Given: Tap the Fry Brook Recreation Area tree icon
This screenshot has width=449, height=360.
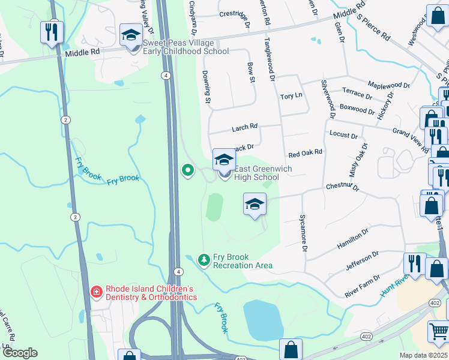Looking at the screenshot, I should [x=205, y=260].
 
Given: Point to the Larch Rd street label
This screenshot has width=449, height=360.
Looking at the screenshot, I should [x=244, y=127].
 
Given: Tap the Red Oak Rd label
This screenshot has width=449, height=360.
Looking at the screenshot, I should [x=306, y=153].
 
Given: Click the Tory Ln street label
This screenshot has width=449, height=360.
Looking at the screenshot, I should [x=291, y=96].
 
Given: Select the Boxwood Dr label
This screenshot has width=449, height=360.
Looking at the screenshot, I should [x=357, y=110].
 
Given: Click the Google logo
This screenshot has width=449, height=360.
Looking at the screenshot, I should [x=20, y=353].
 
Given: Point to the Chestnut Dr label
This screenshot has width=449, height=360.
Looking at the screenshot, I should [x=342, y=187].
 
